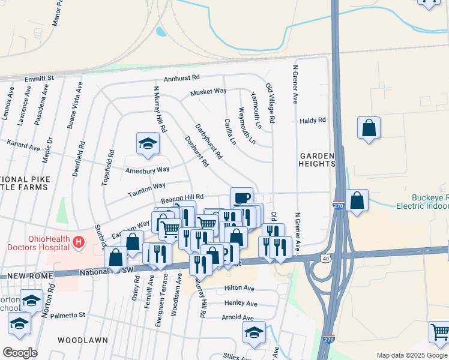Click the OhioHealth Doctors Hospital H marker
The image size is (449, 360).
(x=77, y=242)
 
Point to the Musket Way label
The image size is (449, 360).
(x=208, y=92)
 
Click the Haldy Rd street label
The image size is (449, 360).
(x=312, y=121)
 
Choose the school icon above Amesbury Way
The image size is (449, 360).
(x=148, y=143)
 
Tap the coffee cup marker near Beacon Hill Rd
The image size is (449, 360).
(x=241, y=198)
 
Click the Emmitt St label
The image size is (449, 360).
(x=39, y=78)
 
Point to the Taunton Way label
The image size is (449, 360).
(x=146, y=190)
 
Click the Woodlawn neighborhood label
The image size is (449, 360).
(x=83, y=340)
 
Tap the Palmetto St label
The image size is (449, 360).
(x=68, y=315)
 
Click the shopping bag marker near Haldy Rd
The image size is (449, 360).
(x=369, y=128)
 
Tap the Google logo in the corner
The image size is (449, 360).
(x=19, y=353)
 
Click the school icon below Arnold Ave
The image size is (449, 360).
(x=254, y=332)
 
